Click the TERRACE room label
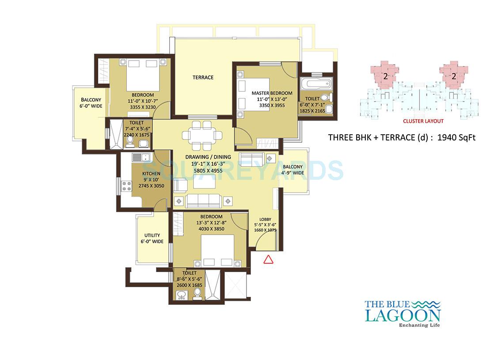(203, 77)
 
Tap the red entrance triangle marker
(268, 259)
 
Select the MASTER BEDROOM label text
(272, 93)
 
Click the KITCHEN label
(151, 174)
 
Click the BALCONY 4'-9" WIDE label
(293, 170)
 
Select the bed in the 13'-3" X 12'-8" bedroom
(217, 250)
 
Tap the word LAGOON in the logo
(402, 315)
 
